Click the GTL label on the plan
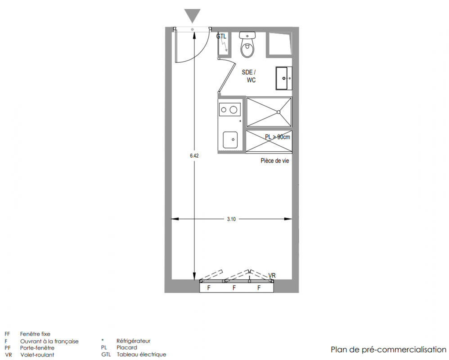pos(221,36)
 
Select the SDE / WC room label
pos(249,76)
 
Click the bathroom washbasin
pos(284,78)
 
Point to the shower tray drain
pos(278,112)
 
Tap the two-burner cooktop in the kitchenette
pos(229,110)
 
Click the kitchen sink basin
pos(230,140)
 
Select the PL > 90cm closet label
pos(278,137)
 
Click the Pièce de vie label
pos(274,161)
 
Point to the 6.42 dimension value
pos(194,156)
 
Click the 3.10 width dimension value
pos(231,219)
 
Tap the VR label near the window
pos(272,275)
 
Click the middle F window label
pos(234,288)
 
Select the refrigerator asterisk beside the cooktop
pos(240,121)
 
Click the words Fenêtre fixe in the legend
pos(35,334)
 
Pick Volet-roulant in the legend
pos(37,355)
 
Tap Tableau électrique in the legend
pos(141,355)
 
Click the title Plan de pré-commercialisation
pos(389,350)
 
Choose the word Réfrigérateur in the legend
pos(134,341)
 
